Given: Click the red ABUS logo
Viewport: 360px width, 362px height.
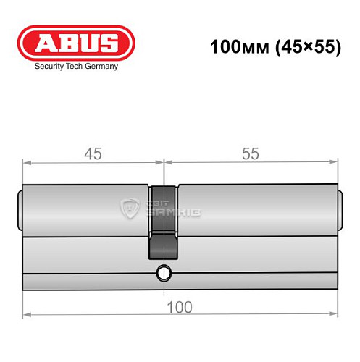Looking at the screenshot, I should coord(76,43).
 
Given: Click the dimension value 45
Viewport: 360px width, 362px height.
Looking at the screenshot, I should coord(92,154).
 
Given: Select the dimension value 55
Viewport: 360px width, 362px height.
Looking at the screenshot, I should coord(249,154).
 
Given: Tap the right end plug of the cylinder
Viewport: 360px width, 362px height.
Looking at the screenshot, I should coord(340,210).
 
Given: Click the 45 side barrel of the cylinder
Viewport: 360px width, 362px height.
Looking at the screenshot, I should coord(87,210).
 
